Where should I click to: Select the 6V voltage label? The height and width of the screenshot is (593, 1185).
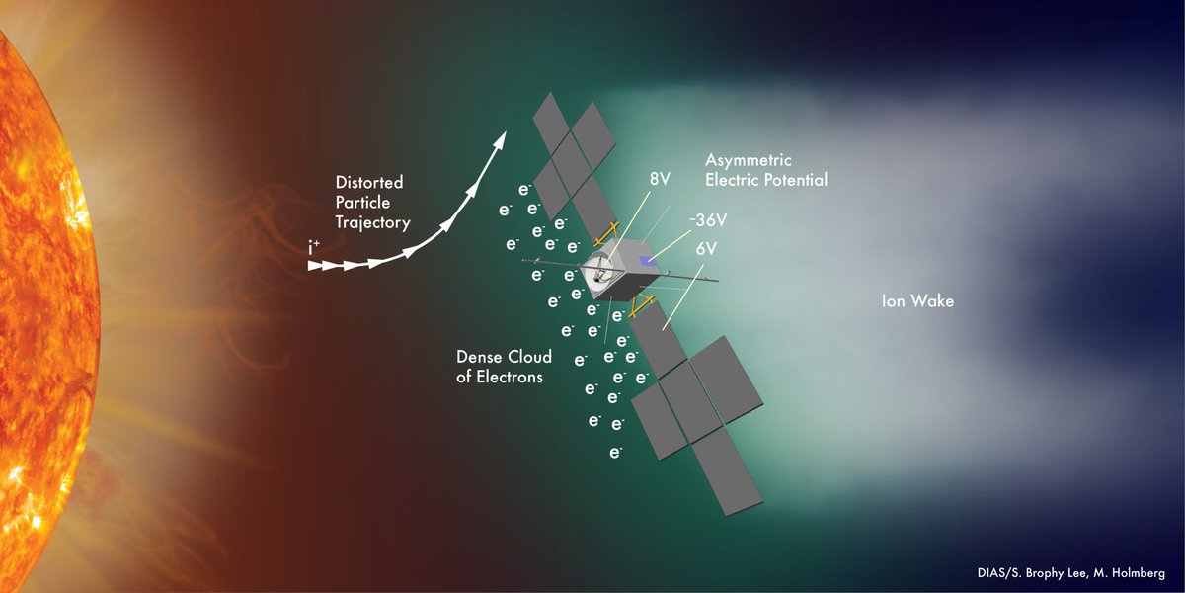tap(705, 248)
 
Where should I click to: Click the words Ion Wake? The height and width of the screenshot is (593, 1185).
tap(917, 301)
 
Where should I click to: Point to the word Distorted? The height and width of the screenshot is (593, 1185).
tap(369, 183)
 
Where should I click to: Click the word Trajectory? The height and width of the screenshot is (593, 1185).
tap(372, 222)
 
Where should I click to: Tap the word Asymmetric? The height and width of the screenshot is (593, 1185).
tap(749, 160)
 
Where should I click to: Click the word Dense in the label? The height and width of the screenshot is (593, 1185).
tap(477, 357)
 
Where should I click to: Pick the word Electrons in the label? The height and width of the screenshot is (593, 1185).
tap(510, 377)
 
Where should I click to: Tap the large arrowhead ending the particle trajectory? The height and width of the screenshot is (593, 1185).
tap(502, 140)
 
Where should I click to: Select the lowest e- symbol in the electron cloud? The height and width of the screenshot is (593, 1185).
tap(615, 453)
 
